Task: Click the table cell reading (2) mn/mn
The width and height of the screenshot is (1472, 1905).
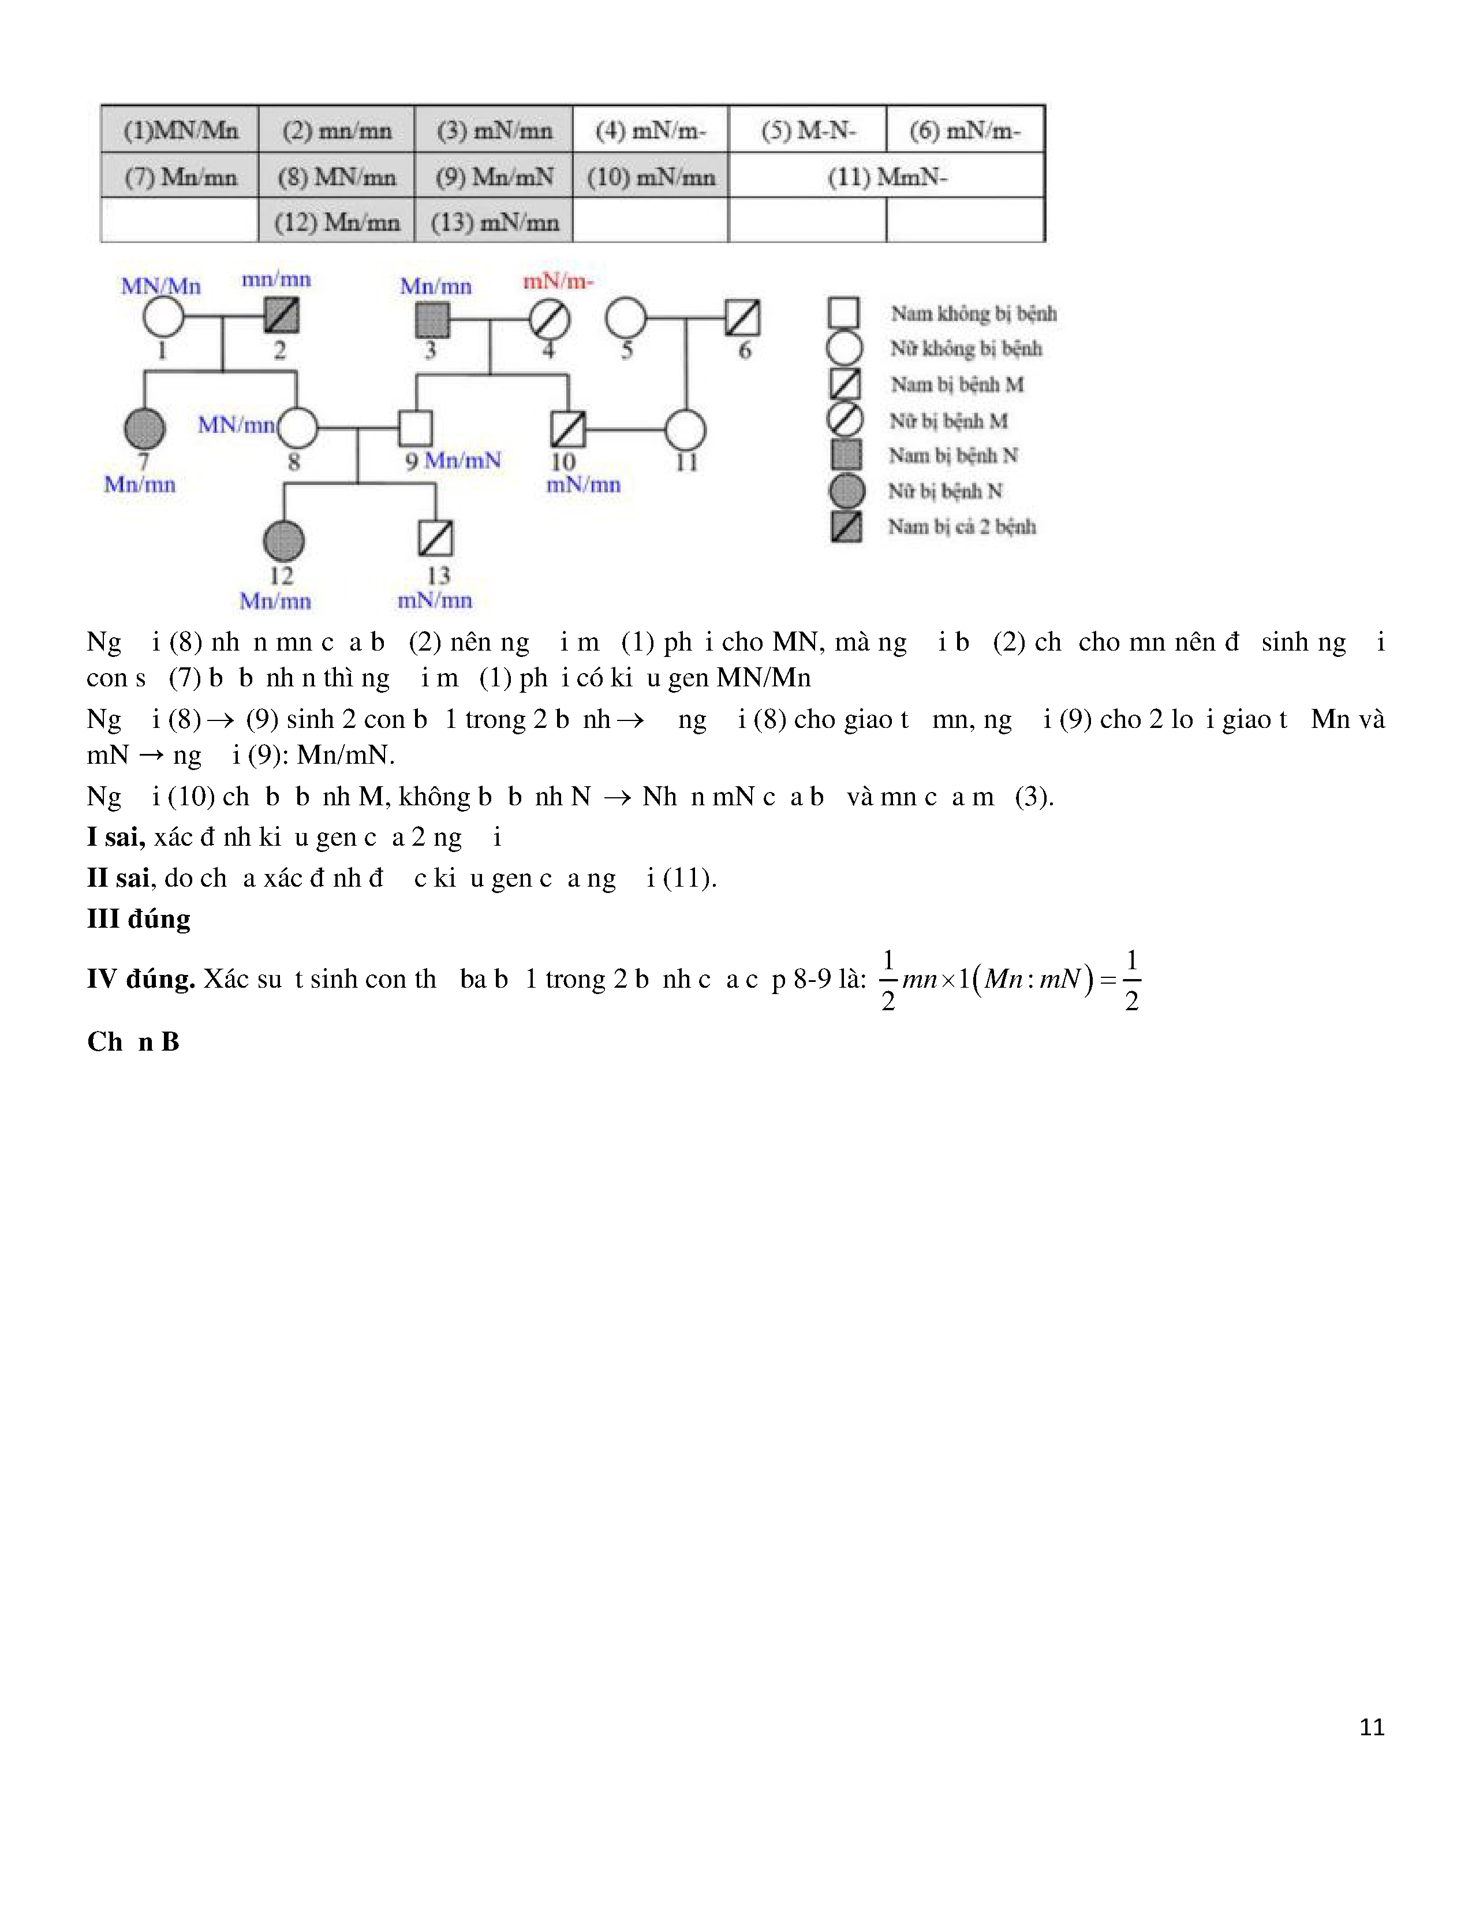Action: point(337,131)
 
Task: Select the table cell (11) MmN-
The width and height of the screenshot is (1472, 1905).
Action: point(887,177)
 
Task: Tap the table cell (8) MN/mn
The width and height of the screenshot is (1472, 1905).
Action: point(337,177)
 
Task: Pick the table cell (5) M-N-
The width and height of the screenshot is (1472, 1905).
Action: point(808,131)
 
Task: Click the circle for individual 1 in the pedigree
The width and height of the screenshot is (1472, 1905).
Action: point(163,317)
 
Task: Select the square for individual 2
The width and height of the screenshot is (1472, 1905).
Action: point(282,316)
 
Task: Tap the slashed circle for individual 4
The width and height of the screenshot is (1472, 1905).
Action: point(550,319)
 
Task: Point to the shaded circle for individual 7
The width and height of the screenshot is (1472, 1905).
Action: point(145,428)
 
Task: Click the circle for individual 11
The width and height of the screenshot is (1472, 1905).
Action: point(685,430)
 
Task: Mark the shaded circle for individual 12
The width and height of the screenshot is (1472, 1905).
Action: point(283,541)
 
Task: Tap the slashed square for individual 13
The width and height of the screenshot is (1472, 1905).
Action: point(436,538)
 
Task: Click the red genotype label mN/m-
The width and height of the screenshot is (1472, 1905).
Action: point(558,282)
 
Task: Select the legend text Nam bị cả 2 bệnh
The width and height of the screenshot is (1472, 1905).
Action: point(962,527)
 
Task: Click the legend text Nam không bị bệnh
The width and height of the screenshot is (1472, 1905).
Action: point(973,313)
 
